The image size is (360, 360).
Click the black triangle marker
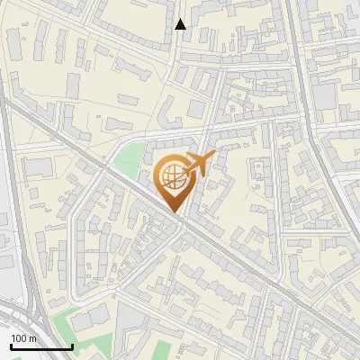(x=181, y=24)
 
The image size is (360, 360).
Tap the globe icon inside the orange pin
(x=173, y=177)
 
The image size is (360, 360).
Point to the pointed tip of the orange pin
(x=174, y=212)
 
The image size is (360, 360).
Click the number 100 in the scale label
(x=20, y=338)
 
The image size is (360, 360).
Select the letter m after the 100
(x=32, y=338)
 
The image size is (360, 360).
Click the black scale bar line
(x=40, y=346)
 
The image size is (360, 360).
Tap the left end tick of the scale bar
(x=10, y=346)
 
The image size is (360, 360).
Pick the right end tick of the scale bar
(x=72, y=346)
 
